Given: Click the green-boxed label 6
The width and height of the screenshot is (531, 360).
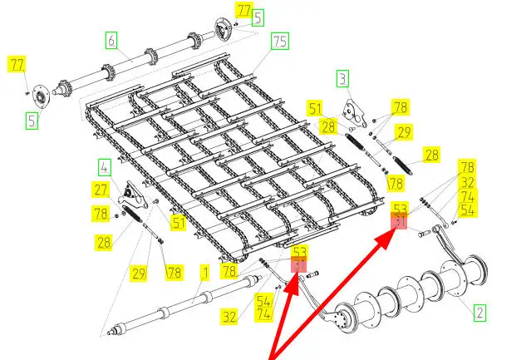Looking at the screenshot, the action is point(111,38).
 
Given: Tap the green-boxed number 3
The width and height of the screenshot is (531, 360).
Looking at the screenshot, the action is point(342,79).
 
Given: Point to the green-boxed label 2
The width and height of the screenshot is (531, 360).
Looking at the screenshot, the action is point(479,313).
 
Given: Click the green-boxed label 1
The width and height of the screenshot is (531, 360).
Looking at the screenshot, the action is point(203,271).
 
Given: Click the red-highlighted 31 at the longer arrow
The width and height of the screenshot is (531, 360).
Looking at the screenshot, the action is point(401,221).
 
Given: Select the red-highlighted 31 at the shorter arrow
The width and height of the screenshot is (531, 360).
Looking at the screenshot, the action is point(299,266).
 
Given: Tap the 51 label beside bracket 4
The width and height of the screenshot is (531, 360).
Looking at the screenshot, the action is point(178,222).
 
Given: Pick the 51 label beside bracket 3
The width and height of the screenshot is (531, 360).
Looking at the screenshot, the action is point(314,107).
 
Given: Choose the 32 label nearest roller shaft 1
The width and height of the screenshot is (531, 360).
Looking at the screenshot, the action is point(230,315).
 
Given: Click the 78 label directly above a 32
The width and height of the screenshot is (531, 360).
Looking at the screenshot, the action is point(467,166).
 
